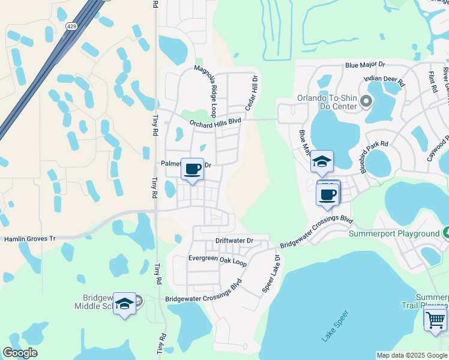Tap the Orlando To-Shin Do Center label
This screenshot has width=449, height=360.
tap(327, 98)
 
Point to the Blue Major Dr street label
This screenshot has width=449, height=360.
tap(369, 65)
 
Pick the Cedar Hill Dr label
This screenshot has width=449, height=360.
tap(251, 92)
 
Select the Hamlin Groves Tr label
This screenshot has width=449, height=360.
tap(30, 239)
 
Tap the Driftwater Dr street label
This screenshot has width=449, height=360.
tap(234, 241)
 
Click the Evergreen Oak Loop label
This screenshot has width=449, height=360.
tap(209, 260)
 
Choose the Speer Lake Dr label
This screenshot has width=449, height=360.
tap(271, 277)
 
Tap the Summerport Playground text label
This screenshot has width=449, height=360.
tap(394, 233)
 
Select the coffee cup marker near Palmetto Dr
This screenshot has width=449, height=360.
tap(193, 170)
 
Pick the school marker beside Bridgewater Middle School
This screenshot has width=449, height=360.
tap(124, 304)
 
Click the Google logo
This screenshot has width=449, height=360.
tap(20, 353)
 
